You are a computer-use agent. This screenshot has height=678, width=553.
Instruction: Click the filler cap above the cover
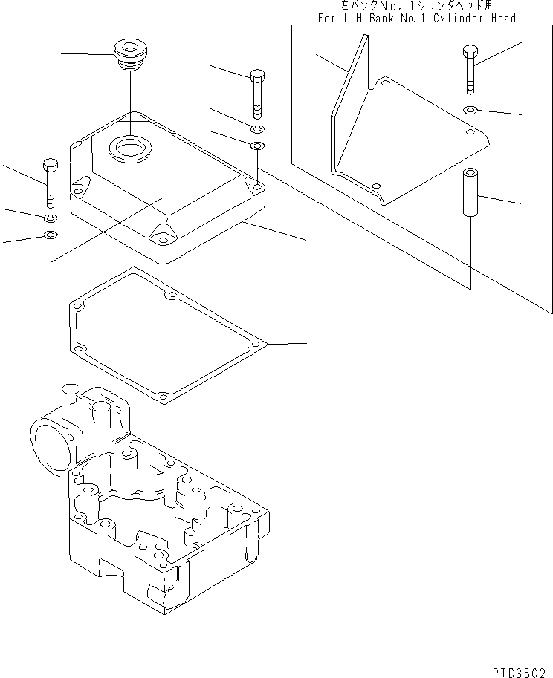tap(129, 55)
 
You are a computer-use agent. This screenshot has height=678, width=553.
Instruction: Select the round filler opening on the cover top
tap(130, 148)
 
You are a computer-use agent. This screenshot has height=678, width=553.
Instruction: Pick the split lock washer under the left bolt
tap(50, 217)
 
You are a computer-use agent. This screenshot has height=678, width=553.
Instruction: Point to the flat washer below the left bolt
tap(50, 236)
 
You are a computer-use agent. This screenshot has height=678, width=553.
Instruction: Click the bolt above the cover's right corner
tap(256, 92)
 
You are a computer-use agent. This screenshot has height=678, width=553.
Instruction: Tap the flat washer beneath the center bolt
tap(256, 144)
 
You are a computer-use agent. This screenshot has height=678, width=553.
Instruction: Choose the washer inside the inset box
tap(470, 110)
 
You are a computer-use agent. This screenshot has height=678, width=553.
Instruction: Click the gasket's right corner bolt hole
tap(255, 345)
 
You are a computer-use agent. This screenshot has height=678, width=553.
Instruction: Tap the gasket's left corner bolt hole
tap(76, 304)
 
